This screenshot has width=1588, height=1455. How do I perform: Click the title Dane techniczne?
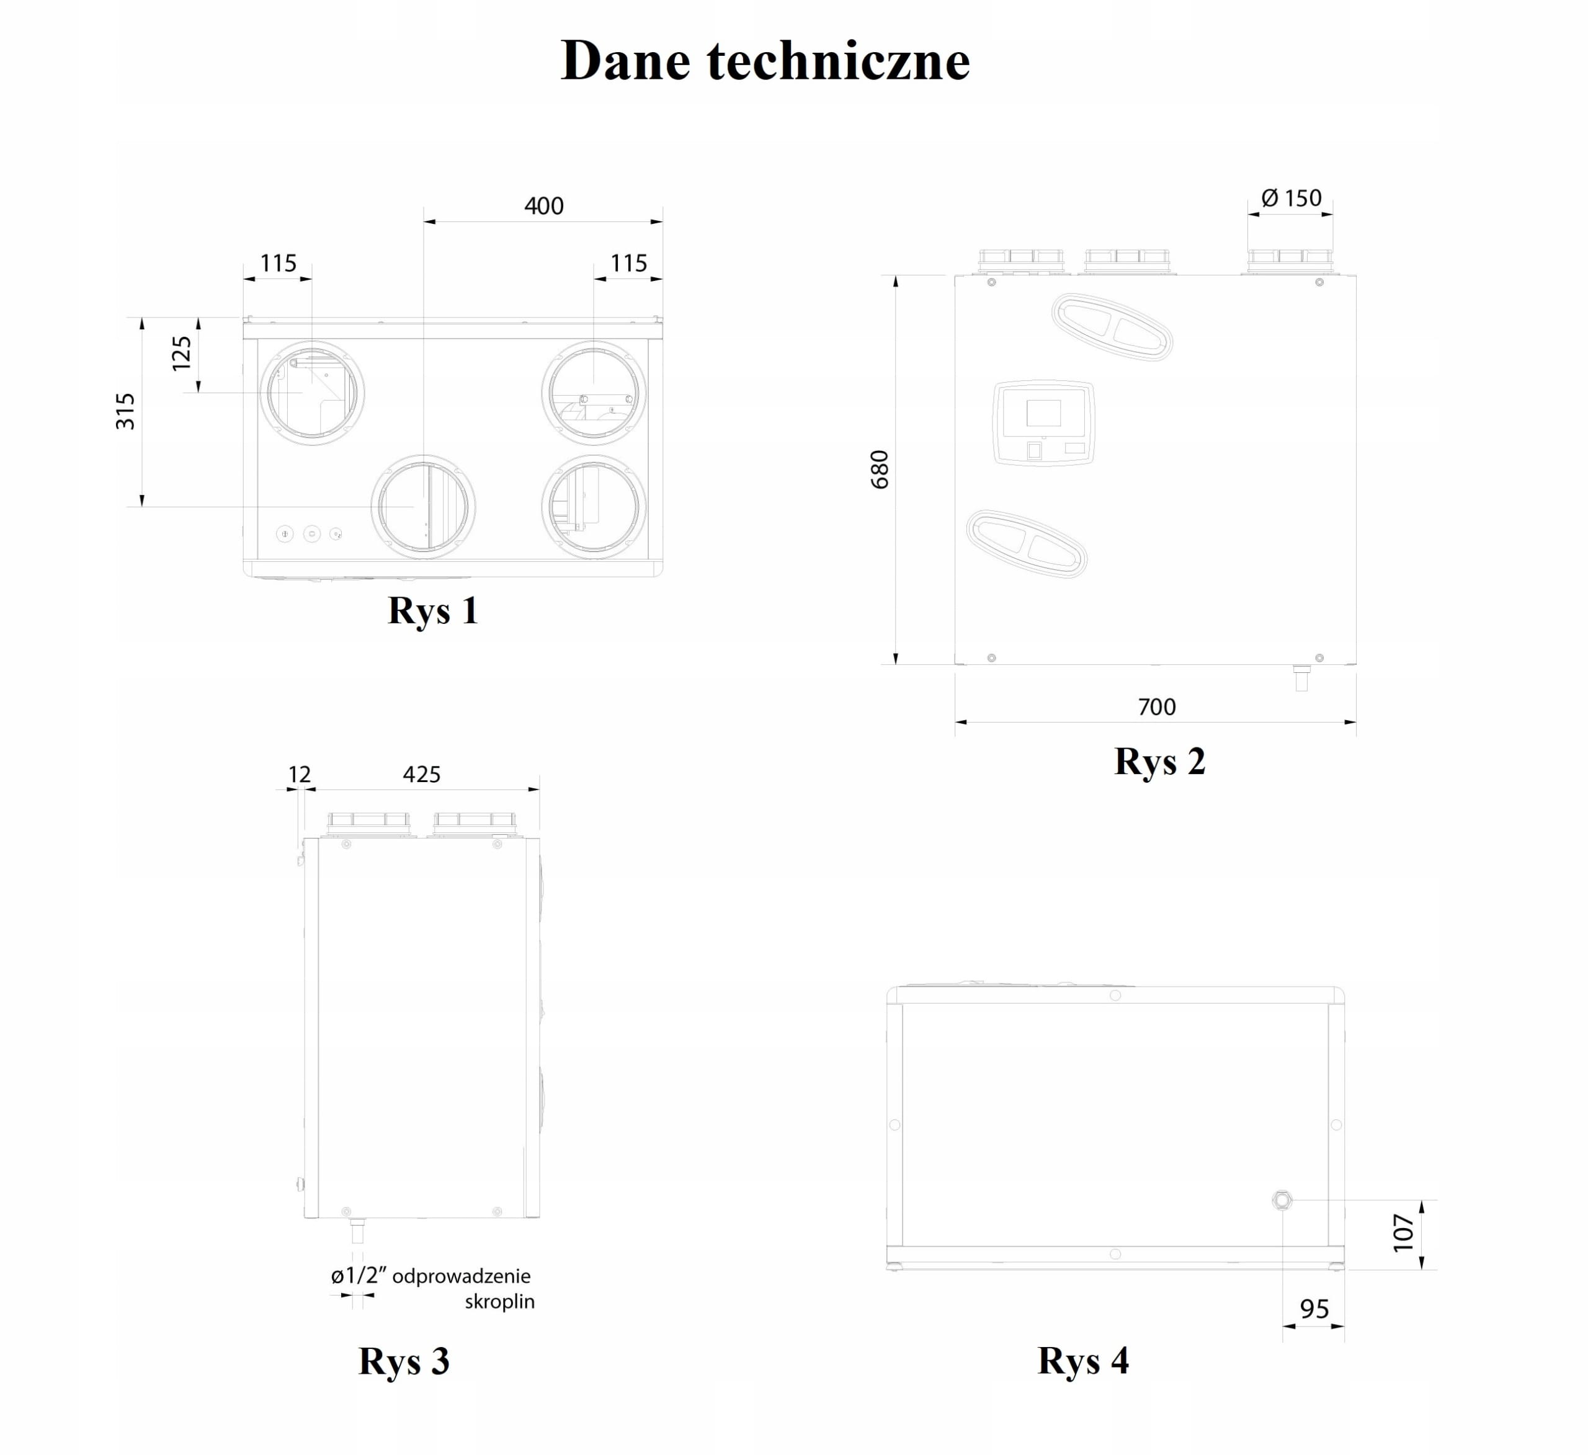tap(765, 61)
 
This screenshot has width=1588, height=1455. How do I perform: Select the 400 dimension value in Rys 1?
tap(543, 206)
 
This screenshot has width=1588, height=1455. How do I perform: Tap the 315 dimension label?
tap(125, 411)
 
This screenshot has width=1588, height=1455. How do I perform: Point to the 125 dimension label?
tap(181, 353)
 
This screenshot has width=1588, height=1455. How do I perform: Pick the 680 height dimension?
tap(879, 469)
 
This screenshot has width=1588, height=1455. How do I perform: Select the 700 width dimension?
tap(1156, 706)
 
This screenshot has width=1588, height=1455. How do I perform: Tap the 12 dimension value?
tap(300, 775)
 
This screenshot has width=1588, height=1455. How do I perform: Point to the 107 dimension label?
tap(1404, 1232)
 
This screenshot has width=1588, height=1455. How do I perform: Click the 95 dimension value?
tap(1314, 1309)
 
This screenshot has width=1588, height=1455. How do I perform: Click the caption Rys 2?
tap(1159, 761)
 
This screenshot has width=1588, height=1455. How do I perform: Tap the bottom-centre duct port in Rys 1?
tap(423, 507)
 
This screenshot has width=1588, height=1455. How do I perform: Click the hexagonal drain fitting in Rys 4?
tap(1282, 1201)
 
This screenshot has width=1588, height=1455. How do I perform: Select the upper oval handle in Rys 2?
tap(1112, 327)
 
